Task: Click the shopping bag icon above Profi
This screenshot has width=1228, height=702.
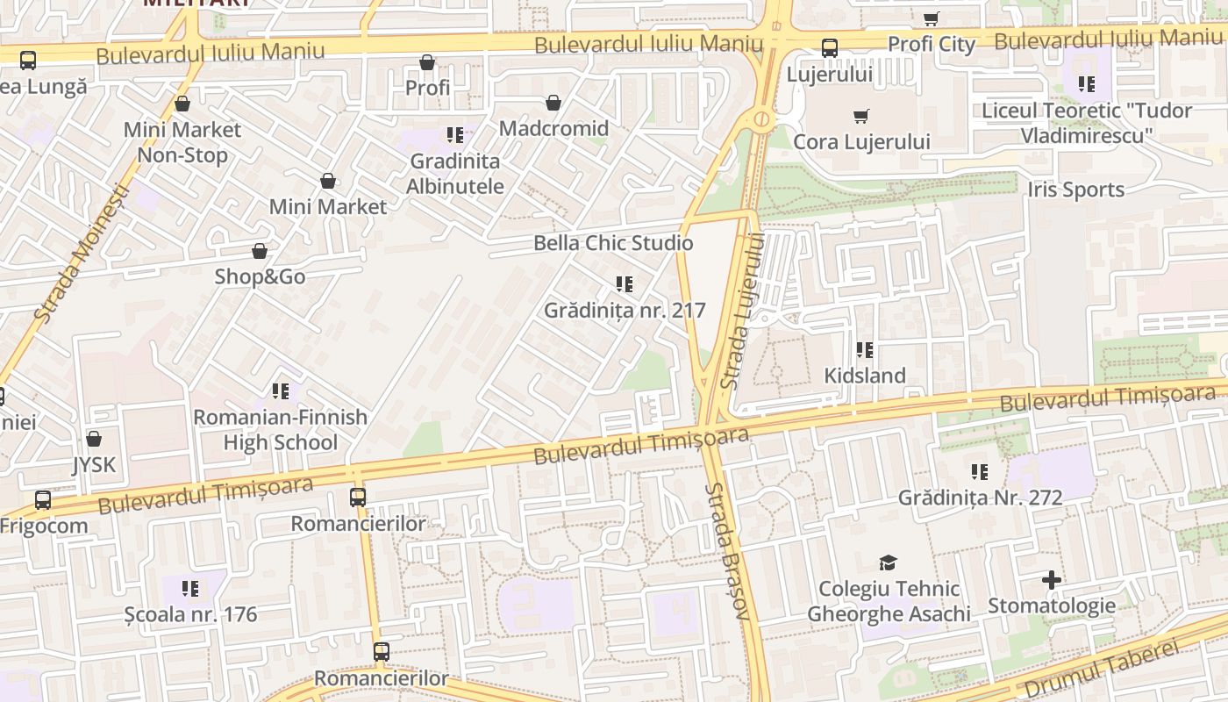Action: (427, 62)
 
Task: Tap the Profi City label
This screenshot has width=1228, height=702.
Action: (932, 44)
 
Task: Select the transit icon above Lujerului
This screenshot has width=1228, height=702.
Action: (829, 48)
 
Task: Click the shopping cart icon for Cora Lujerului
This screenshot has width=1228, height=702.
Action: (861, 116)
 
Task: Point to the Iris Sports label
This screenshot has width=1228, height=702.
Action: (1075, 190)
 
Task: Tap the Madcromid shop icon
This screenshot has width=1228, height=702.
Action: (553, 104)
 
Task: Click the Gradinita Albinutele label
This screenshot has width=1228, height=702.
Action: (455, 174)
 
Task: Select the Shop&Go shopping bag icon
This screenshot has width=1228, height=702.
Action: (260, 252)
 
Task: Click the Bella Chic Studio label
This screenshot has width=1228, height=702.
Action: (613, 243)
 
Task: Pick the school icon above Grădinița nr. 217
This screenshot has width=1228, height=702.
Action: (625, 284)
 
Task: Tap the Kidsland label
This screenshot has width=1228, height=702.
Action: (865, 376)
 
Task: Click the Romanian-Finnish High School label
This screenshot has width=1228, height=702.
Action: (280, 429)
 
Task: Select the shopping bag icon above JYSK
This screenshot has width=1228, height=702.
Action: (94, 439)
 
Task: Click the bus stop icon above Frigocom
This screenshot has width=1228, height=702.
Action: (43, 500)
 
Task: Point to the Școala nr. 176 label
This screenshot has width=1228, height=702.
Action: (190, 614)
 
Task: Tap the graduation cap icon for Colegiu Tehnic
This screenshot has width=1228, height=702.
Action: (889, 562)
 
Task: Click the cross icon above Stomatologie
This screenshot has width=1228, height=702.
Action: (1052, 580)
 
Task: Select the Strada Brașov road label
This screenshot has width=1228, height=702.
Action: (728, 551)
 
